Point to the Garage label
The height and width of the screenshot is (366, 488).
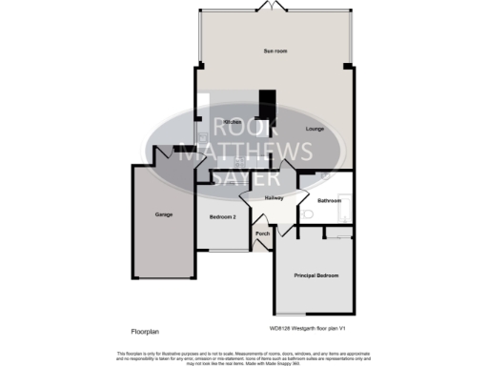pyautogui.click(x=164, y=214)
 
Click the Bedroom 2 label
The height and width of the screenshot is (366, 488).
pyautogui.click(x=222, y=218)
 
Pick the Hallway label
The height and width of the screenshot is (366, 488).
pyautogui.click(x=274, y=197)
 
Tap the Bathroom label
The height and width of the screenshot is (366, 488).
pyautogui.click(x=330, y=200)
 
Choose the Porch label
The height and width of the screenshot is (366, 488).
pyautogui.click(x=263, y=234)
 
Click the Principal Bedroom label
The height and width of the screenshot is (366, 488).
pyautogui.click(x=316, y=275)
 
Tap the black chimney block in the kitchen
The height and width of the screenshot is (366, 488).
pyautogui.click(x=268, y=105)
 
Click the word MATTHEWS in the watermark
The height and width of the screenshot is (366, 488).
pyautogui.click(x=246, y=152)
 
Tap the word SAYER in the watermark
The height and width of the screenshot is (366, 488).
pyautogui.click(x=246, y=177)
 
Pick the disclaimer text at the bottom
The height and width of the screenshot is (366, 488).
pyautogui.click(x=244, y=356)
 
